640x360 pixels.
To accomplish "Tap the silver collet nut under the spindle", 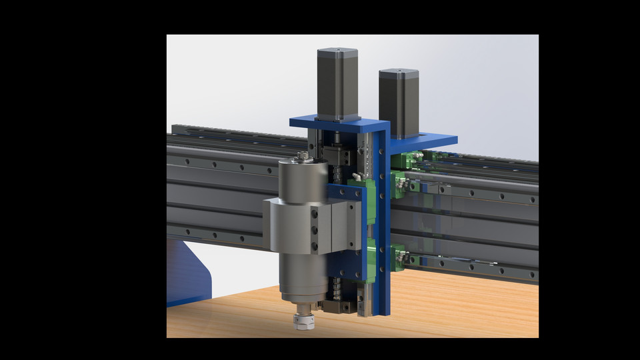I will tap(303, 322).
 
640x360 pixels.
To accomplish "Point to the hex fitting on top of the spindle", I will tap(303, 156).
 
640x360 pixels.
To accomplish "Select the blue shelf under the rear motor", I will tap(427, 141).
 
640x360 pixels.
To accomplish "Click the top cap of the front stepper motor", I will tap(337, 51).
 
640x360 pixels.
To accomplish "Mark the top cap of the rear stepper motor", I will tap(399, 71).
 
